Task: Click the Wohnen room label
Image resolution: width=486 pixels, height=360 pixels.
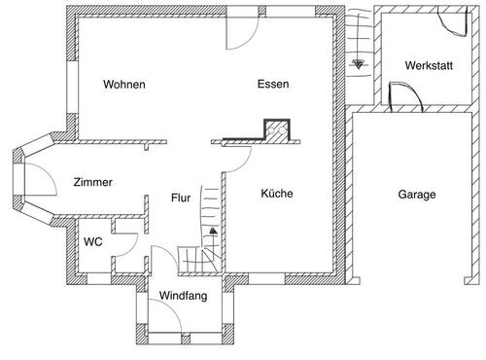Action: (x=124, y=85)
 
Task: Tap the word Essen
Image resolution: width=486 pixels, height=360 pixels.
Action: (x=273, y=85)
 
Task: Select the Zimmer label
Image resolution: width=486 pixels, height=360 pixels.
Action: (x=92, y=182)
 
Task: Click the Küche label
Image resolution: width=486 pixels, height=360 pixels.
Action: (x=276, y=194)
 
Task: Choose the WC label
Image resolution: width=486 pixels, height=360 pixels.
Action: (x=92, y=241)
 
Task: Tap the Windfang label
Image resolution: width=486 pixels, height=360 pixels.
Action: (x=184, y=296)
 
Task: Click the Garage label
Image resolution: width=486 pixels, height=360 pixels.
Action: (x=417, y=194)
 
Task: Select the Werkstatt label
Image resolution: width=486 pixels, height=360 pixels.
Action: (x=428, y=65)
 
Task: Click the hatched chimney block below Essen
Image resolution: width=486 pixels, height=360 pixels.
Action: (x=279, y=131)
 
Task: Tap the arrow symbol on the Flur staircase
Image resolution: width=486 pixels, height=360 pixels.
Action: (x=211, y=232)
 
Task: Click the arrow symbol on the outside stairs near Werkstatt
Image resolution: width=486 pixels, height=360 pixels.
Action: (x=359, y=65)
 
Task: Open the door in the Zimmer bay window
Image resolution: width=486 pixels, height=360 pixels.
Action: (x=38, y=178)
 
